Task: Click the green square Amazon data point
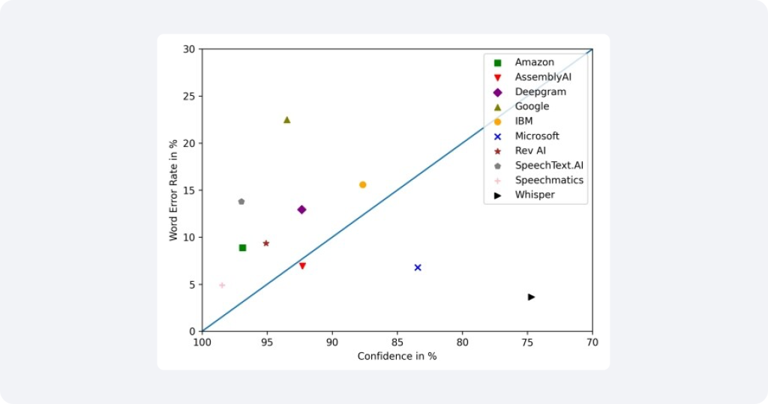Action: [x=242, y=247]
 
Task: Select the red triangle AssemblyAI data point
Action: [x=302, y=266]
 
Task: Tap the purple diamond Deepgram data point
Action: [x=301, y=210]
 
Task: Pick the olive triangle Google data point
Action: [x=286, y=120]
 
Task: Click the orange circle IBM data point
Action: [x=362, y=184]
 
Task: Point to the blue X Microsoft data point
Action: [x=418, y=268]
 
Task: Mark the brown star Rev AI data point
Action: [x=266, y=244]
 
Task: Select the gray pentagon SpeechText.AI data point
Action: [x=241, y=202]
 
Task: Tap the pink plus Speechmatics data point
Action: [x=222, y=286]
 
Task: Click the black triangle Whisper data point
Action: [x=531, y=297]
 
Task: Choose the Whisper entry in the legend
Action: [x=535, y=195]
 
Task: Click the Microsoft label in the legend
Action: [x=537, y=136]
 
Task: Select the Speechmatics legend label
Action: [x=549, y=180]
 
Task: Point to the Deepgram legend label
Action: [x=540, y=91]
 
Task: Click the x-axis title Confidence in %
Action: [x=397, y=356]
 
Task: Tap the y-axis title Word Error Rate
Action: [x=173, y=190]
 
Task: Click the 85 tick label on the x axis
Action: [x=397, y=342]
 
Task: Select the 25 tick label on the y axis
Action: [x=189, y=97]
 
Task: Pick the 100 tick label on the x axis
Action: [x=202, y=342]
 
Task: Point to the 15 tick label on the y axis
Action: [x=189, y=190]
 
